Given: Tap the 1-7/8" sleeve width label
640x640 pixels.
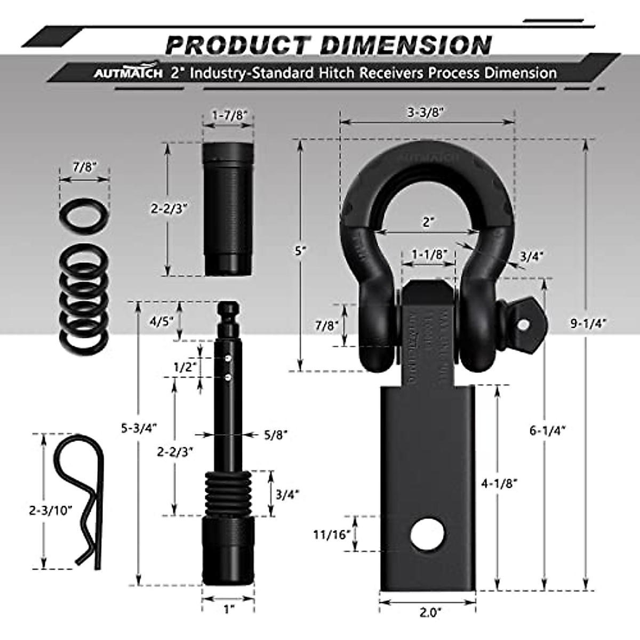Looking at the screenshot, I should pyautogui.click(x=229, y=115).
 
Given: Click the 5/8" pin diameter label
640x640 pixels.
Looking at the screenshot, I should pyautogui.click(x=276, y=435).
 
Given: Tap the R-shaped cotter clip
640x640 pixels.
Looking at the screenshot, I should pyautogui.click(x=83, y=501).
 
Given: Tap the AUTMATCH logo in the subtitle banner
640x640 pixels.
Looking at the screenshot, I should pyautogui.click(x=128, y=73).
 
